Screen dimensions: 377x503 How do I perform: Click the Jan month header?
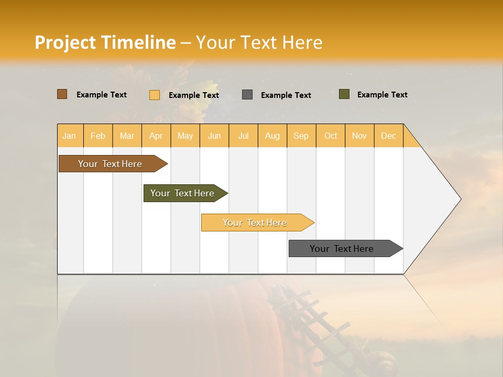[x=69, y=136]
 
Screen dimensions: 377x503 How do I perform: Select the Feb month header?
[x=98, y=136]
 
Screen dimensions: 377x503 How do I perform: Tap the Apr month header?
[x=156, y=136]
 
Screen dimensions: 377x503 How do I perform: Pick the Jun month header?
[x=214, y=136]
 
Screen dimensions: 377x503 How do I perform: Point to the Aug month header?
[x=272, y=136]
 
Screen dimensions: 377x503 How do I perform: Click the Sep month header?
[x=301, y=136]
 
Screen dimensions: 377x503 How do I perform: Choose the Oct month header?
[x=331, y=136]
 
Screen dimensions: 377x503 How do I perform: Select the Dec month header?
[x=388, y=136]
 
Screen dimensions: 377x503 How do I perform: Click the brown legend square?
[x=62, y=94]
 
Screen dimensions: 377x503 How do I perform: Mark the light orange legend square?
[x=155, y=95]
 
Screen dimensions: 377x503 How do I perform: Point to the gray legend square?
[x=247, y=95]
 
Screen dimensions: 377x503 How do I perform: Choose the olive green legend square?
[x=344, y=94]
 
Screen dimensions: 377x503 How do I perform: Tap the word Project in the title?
[x=65, y=42]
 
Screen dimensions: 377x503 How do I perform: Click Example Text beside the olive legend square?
[x=382, y=95]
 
